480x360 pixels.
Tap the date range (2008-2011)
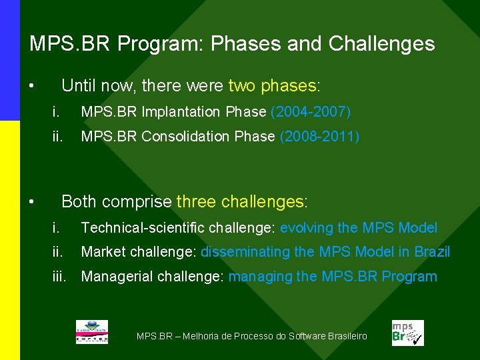pyautogui.click(x=319, y=137)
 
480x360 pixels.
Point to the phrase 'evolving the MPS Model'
pyautogui.click(x=359, y=228)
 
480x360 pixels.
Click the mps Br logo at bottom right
pyautogui.click(x=407, y=333)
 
